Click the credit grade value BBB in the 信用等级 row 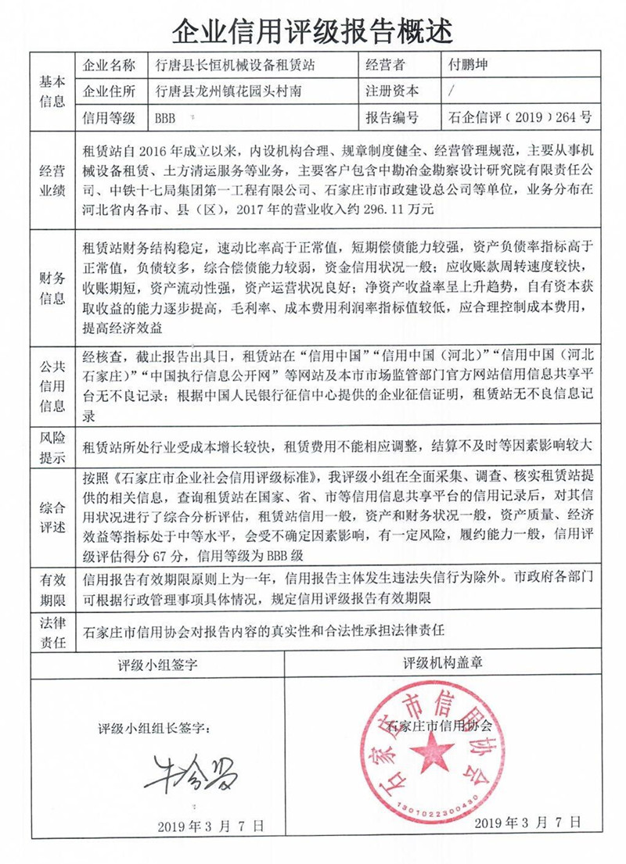coord(166,118)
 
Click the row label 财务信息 coord(52,288)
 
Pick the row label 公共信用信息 coord(52,384)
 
